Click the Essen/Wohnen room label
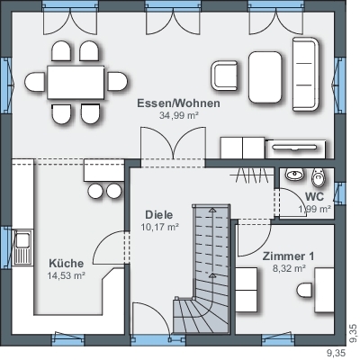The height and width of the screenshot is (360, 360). [178, 103]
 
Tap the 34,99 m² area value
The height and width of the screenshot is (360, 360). [179, 115]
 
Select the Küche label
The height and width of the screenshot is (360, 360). [67, 264]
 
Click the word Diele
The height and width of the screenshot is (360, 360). [159, 215]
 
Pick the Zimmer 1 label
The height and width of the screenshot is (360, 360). [289, 256]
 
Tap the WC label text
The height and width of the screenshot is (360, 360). [314, 197]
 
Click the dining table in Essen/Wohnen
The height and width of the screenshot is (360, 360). [76, 82]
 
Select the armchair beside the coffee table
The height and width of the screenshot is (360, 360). [224, 76]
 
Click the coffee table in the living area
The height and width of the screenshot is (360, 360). [265, 77]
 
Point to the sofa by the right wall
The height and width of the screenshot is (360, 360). [305, 75]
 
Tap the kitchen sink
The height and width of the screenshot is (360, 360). [22, 247]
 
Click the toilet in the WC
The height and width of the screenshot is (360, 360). [318, 177]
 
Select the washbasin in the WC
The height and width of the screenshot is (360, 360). [294, 174]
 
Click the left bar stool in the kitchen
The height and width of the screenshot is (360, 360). [96, 191]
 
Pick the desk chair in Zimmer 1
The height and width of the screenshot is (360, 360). [305, 290]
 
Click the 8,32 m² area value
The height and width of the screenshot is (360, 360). [289, 268]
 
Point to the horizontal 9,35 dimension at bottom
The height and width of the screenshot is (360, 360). [336, 352]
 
